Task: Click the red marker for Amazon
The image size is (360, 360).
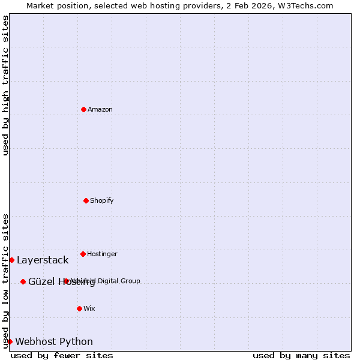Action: (83, 109)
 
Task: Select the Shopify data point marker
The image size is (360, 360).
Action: (86, 200)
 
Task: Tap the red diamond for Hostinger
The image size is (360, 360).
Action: (83, 254)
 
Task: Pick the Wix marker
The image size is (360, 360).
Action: (79, 308)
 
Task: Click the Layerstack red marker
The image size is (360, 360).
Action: (11, 260)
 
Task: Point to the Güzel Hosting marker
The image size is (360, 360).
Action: (23, 281)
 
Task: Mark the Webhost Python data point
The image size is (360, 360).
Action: (10, 341)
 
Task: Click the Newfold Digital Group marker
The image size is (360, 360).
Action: (66, 281)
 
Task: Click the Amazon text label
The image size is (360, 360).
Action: (100, 109)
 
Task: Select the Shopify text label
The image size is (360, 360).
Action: (102, 200)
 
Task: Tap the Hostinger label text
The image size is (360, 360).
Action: (102, 254)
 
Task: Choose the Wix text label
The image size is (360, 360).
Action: (89, 308)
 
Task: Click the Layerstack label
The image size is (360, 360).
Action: (43, 260)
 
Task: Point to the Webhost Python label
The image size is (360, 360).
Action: (54, 341)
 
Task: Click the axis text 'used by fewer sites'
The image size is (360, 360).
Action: (62, 355)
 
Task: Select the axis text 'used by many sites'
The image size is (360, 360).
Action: (301, 355)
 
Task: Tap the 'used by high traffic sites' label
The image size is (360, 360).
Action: (5, 85)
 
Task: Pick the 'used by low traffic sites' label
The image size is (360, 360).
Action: (5, 281)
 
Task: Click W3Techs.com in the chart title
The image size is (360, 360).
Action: (308, 5)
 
